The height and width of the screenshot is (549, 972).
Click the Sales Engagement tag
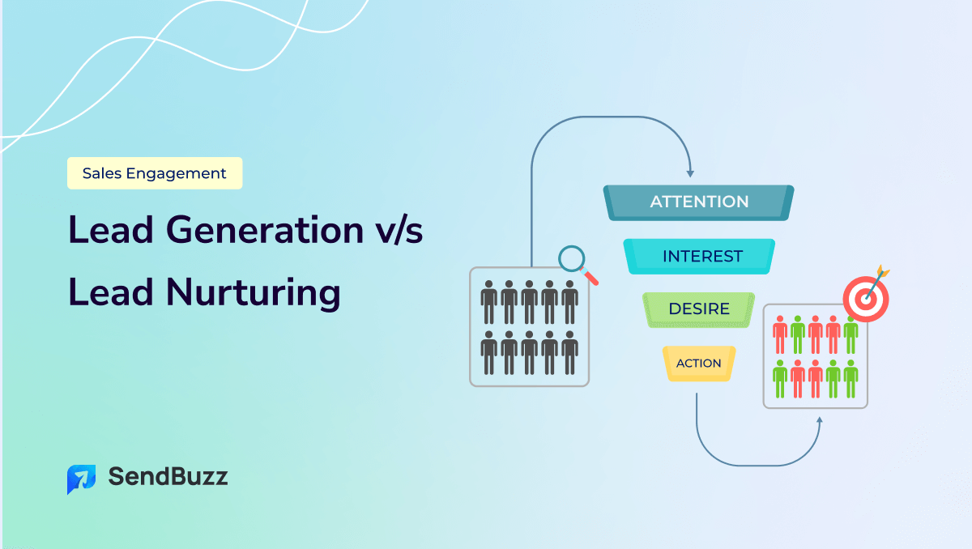click(155, 173)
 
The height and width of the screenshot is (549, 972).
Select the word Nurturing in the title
click(254, 292)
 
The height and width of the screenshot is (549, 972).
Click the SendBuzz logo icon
click(81, 479)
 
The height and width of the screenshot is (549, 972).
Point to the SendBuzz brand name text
click(168, 477)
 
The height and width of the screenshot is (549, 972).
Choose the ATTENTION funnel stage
click(699, 202)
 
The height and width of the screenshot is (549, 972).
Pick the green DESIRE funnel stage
click(698, 309)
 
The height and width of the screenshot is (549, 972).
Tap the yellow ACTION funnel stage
click(698, 363)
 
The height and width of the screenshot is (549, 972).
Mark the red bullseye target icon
click(865, 298)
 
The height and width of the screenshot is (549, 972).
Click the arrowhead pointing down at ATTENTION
click(689, 172)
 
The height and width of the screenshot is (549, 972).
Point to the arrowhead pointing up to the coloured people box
click(820, 422)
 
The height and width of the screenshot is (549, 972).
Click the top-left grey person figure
click(488, 302)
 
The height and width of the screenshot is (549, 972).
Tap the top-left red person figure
click(780, 335)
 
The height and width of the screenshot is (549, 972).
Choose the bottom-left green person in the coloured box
click(780, 379)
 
